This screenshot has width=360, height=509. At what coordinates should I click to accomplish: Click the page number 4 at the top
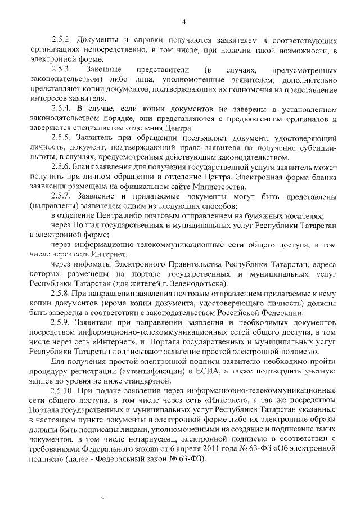point(183,21)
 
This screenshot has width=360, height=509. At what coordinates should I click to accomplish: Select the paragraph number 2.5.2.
point(61,42)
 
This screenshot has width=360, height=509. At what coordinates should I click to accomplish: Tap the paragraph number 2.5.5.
point(61,138)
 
